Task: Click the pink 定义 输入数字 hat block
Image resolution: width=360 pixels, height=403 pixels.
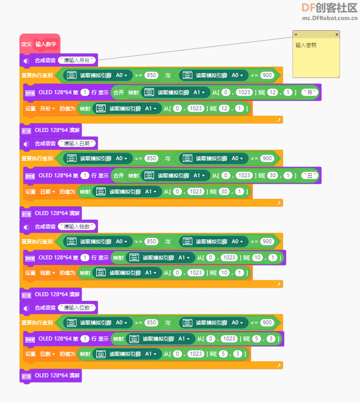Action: (x=40, y=44)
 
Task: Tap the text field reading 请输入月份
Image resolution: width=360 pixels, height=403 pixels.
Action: (x=77, y=60)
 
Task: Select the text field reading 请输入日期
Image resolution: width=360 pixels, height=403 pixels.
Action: (x=77, y=144)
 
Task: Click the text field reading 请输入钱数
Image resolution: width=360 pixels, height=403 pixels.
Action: (x=77, y=226)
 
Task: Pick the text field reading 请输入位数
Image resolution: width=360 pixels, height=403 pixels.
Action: (x=77, y=308)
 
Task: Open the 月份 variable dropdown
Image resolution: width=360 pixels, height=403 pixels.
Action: (x=47, y=108)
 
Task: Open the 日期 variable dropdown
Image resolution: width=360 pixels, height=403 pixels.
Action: (x=47, y=191)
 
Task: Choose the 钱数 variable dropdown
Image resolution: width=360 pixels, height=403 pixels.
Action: (x=47, y=273)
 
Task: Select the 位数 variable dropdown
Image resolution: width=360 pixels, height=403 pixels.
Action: (x=47, y=354)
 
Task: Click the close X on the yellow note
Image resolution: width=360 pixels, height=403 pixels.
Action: (x=337, y=34)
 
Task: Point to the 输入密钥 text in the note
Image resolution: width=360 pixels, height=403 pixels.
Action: (x=306, y=45)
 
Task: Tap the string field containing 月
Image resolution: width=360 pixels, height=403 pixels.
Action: (x=310, y=92)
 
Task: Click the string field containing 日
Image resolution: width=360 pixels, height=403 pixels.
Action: (x=310, y=175)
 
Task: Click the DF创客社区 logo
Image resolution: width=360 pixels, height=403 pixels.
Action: (x=329, y=8)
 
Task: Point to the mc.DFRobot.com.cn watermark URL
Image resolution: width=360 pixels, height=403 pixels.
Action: (x=330, y=18)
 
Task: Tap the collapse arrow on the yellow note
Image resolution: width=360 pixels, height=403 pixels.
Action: (x=296, y=34)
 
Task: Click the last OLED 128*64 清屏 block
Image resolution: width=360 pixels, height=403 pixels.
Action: (x=51, y=375)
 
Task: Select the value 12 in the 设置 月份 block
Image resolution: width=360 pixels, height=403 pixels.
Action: (x=225, y=108)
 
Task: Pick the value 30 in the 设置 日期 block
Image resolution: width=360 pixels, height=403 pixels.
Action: (x=225, y=191)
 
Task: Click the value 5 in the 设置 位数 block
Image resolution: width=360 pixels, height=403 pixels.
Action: (x=223, y=354)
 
